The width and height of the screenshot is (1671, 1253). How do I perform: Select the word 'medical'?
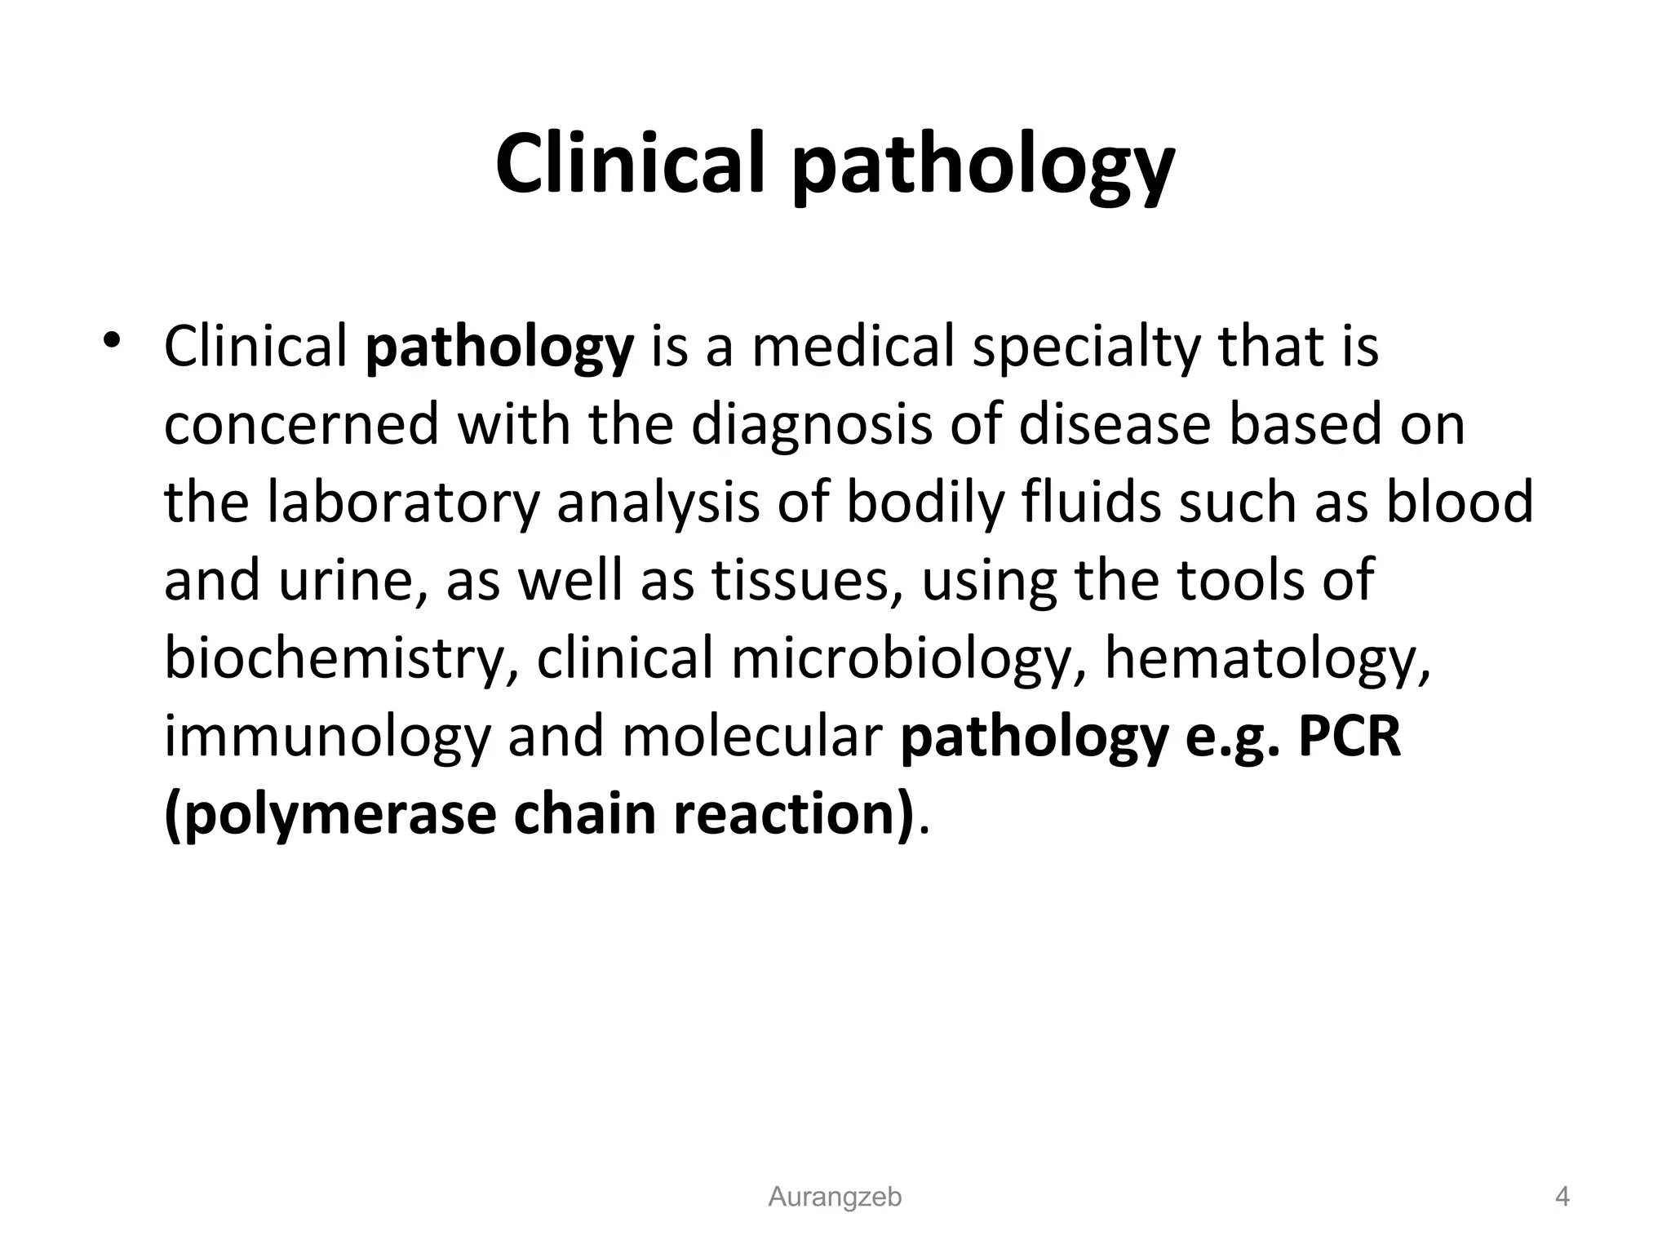tap(852, 347)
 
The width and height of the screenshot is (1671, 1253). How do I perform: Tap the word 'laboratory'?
tap(404, 503)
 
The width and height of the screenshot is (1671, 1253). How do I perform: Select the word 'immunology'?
tap(327, 737)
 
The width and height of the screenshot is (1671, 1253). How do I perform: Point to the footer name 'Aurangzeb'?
tap(835, 1198)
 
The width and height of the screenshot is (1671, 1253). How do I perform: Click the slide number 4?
tap(1562, 1198)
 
